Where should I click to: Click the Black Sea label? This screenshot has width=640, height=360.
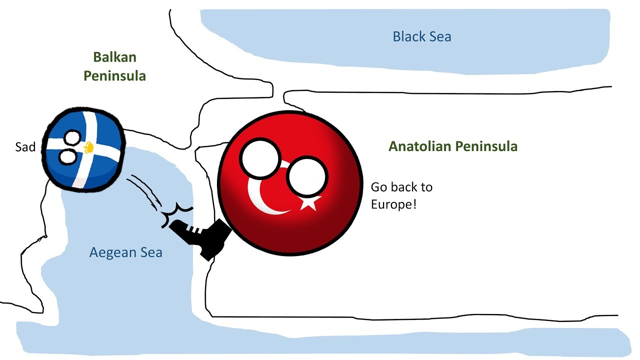tap(421, 36)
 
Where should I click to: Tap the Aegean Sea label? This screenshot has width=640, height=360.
tap(125, 252)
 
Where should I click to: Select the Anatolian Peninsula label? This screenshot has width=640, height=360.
tap(453, 146)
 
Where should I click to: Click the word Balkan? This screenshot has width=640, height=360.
tap(115, 57)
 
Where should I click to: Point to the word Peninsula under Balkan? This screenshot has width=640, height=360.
tap(114, 76)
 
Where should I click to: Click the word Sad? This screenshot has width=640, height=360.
tap(25, 147)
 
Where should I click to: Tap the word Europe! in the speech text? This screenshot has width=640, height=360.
tap(393, 204)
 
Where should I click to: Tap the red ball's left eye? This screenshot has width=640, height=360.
tap(260, 158)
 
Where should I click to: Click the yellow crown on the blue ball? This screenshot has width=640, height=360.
tap(88, 147)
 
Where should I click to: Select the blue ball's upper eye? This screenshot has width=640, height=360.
tap(73, 138)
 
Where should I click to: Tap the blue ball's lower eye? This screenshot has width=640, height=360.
tap(68, 157)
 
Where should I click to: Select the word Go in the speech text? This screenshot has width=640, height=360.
tap(378, 187)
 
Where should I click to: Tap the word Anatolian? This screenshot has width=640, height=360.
tap(420, 146)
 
